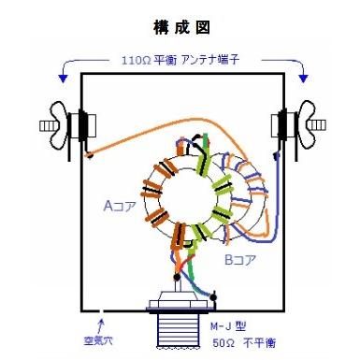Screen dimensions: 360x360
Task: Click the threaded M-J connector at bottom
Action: (x=180, y=332)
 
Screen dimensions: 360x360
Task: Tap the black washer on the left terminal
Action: (x=81, y=122)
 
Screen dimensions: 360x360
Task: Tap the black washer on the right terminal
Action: (x=278, y=122)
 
